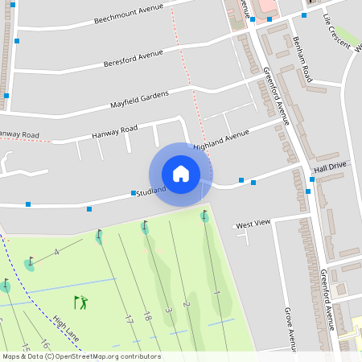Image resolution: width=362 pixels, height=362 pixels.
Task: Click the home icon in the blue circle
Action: click(x=181, y=174)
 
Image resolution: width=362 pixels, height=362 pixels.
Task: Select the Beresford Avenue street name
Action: click(x=134, y=59)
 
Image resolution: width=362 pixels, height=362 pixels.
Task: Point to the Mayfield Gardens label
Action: click(x=139, y=101)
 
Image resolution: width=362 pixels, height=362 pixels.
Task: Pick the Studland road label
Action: click(x=151, y=191)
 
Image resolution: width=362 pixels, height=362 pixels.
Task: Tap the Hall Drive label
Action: click(x=330, y=167)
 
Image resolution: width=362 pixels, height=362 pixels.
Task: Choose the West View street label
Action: click(x=253, y=223)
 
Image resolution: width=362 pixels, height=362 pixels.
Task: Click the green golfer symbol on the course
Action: click(x=80, y=302)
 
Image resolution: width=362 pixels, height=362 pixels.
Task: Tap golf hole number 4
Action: click(x=56, y=253)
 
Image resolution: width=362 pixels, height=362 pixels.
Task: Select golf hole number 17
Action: click(x=128, y=319)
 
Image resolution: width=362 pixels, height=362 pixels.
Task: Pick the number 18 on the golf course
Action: click(x=147, y=317)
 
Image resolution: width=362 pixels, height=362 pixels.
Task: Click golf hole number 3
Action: click(x=169, y=310)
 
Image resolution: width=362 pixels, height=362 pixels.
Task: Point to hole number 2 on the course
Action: click(x=186, y=304)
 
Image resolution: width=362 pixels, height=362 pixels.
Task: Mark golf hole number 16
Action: click(x=44, y=345)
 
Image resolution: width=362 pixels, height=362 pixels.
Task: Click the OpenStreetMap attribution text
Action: click(x=81, y=356)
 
